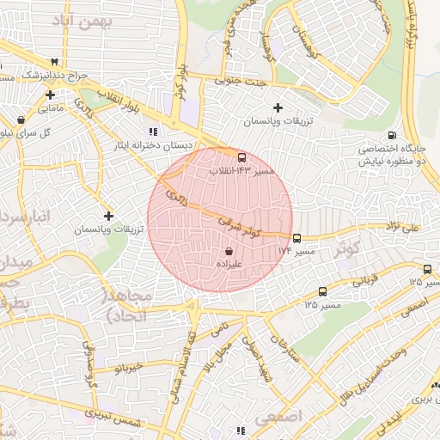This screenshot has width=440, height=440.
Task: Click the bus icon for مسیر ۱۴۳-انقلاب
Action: point(241,157)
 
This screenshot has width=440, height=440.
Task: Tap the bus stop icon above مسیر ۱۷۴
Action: point(296,238)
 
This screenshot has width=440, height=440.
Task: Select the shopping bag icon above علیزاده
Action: point(229,252)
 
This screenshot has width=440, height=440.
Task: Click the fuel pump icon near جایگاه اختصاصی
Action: point(393,135)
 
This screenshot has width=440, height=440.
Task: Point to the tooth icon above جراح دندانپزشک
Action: point(56,62)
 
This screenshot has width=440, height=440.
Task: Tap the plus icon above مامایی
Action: point(51,95)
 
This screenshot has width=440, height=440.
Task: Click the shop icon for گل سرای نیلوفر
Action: point(21,119)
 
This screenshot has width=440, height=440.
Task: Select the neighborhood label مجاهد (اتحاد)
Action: point(127,305)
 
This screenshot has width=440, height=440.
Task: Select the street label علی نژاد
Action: point(404,226)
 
